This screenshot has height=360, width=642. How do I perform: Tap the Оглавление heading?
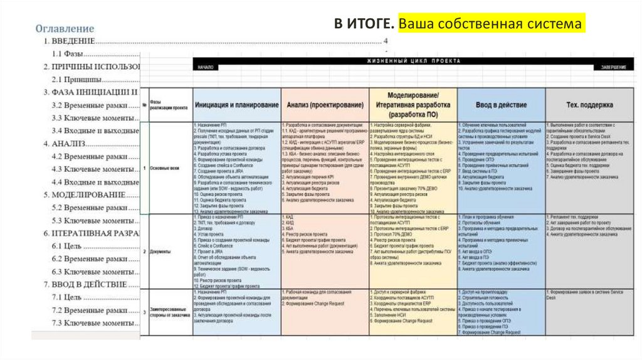click(65, 28)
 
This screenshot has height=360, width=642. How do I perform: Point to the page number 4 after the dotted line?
click(386, 41)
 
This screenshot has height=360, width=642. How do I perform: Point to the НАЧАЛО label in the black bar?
click(205, 66)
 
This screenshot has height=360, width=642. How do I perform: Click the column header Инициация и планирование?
click(236, 105)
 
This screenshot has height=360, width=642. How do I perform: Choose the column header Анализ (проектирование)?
click(324, 105)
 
